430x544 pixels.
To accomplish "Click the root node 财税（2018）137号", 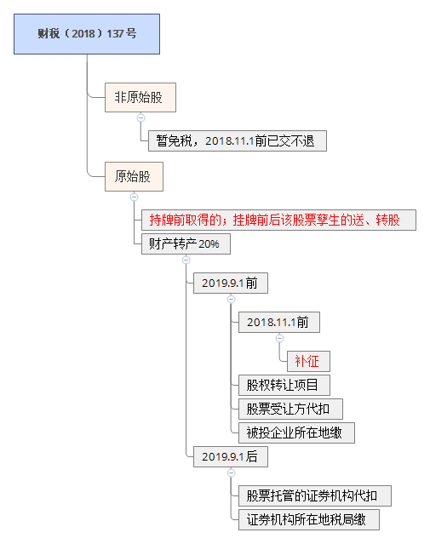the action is coord(87,34).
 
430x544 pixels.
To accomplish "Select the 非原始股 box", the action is coord(140,98).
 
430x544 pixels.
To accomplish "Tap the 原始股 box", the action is coord(134,176).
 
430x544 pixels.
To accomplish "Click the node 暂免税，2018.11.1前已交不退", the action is coord(238,140).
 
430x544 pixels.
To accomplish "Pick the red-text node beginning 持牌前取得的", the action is coord(278,220).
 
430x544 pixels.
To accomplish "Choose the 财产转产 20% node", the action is coord(186,243).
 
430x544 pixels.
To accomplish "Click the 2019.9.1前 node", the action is coord(231,283).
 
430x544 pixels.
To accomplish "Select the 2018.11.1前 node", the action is coord(279,323).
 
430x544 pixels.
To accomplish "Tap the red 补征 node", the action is coord(308,361).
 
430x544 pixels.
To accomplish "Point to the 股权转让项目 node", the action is coord(284,385).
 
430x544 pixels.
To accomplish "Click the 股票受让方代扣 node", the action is coord(290,409).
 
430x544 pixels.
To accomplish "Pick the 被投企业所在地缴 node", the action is coord(296,433).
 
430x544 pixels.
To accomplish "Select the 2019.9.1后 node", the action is coord(231,456).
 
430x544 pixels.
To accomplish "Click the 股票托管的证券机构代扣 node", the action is coord(315,495).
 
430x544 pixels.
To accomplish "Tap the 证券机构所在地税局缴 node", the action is coord(309,519).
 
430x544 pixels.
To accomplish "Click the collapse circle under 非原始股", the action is coord(140,118).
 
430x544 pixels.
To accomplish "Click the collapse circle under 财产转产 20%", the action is coord(186,260).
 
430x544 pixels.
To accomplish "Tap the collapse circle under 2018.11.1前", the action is coord(280,338).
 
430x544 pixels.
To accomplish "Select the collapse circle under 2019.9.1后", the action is coord(231,472).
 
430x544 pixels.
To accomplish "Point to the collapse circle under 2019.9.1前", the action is coord(231,299).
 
